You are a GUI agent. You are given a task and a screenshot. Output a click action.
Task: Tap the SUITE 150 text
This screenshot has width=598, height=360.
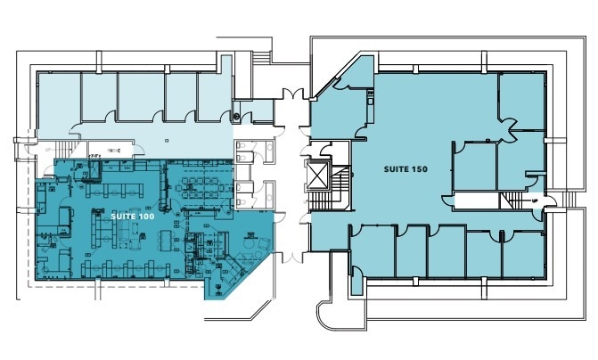[x=404, y=168]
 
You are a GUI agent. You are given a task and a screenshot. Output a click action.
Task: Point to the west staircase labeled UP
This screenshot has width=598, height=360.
[x=61, y=150]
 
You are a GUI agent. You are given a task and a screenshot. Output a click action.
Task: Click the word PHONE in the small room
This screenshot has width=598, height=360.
[x=113, y=151]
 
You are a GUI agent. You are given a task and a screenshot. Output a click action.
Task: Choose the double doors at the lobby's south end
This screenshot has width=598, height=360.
[x=291, y=257]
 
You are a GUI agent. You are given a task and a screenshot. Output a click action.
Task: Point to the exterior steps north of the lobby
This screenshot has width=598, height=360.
[x=260, y=57]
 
